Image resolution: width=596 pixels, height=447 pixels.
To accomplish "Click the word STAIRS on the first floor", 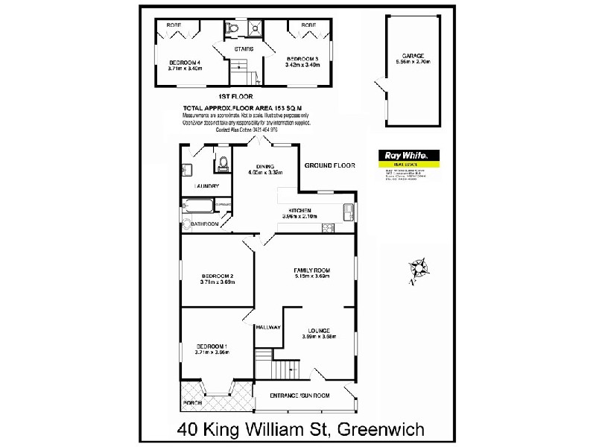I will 244,49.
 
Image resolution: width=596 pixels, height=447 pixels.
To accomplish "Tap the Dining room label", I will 266,167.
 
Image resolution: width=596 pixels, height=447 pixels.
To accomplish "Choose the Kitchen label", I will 299,211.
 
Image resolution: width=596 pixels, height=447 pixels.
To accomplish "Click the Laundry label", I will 206,186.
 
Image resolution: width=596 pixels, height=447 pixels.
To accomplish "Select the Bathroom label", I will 204,223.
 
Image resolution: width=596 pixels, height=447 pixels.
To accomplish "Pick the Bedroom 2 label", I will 218,276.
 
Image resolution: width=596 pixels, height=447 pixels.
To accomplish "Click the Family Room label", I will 312,270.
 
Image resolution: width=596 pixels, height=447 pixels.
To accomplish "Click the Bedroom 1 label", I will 212,346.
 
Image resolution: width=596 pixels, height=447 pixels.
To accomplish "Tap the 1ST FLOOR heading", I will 235,97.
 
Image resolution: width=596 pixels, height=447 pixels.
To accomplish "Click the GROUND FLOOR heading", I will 329,165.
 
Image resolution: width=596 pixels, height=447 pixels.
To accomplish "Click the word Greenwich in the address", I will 381,430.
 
